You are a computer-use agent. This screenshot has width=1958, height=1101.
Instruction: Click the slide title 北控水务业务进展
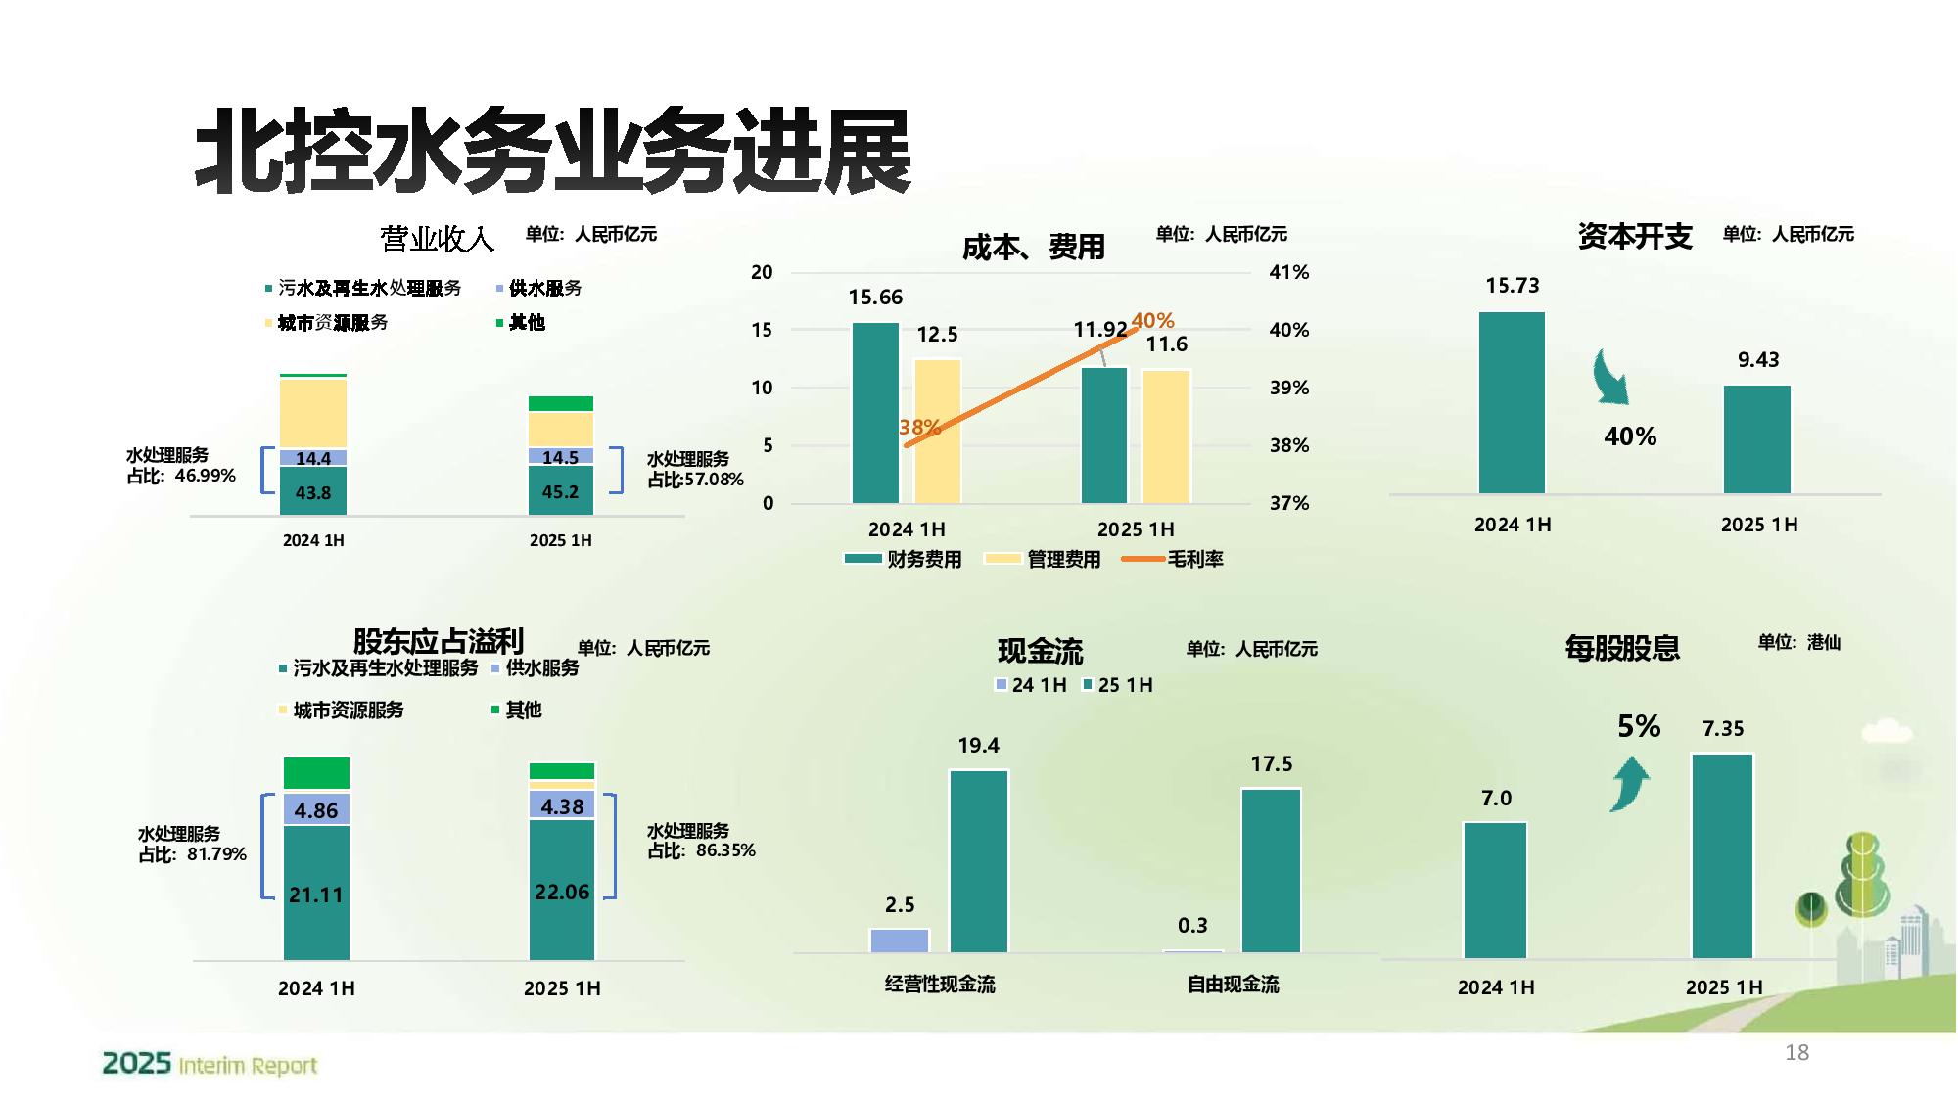tap(553, 152)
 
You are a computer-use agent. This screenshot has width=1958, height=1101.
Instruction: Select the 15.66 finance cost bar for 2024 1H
tap(875, 413)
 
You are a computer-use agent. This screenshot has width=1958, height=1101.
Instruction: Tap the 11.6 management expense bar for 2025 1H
tap(1166, 436)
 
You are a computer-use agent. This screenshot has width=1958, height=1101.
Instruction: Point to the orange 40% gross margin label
tap(1152, 320)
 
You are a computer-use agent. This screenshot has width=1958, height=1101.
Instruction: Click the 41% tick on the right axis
tap(1288, 272)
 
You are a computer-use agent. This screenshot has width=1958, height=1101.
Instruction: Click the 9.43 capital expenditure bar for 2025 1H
tap(1757, 439)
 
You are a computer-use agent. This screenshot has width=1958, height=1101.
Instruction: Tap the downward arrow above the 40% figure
tap(1610, 378)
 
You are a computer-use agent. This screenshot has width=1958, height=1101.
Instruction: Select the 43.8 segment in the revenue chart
tap(313, 492)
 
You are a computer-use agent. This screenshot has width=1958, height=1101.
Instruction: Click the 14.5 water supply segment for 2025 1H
tap(560, 457)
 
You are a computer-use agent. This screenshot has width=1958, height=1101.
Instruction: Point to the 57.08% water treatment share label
tap(695, 470)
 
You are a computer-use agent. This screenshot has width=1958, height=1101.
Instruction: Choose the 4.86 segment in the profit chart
tap(316, 810)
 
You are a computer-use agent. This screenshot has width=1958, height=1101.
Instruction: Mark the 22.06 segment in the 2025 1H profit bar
tap(562, 891)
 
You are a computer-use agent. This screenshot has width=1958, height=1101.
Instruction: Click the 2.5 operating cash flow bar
tap(899, 940)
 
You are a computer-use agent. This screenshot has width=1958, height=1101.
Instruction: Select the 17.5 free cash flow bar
tap(1271, 870)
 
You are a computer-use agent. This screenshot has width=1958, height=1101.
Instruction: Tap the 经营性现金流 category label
tap(939, 985)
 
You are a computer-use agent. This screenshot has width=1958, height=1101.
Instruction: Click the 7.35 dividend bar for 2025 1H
tap(1722, 856)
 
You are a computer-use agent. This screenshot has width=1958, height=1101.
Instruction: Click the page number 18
tap(1796, 1053)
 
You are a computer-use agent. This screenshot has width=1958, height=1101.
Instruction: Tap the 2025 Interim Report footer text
tap(210, 1064)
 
